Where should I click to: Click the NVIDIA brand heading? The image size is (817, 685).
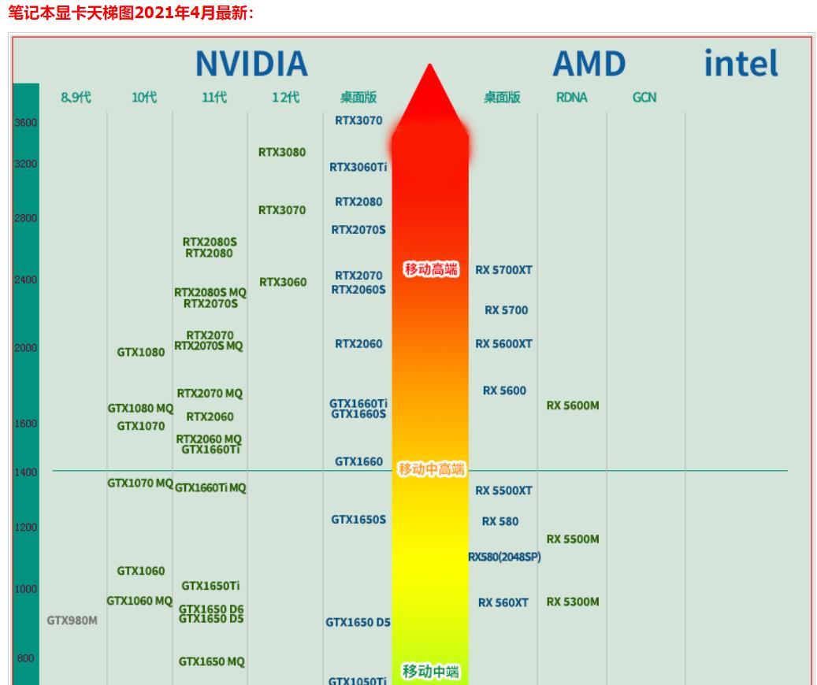(x=251, y=64)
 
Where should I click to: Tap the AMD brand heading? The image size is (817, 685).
(x=589, y=64)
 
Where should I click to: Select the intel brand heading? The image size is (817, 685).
(x=741, y=63)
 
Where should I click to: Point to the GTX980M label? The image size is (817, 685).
(x=72, y=620)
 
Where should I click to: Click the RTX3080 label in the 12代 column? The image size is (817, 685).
(x=282, y=152)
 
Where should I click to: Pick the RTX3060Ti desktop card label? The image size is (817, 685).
(x=358, y=167)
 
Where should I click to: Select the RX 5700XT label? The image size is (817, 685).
(x=503, y=270)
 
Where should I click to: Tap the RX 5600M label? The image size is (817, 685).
(x=573, y=405)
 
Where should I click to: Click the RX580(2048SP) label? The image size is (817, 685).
(x=504, y=557)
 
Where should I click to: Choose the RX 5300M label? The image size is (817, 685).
(x=573, y=602)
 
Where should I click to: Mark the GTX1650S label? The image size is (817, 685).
(x=358, y=519)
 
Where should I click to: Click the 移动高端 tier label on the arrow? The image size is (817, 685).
(x=430, y=269)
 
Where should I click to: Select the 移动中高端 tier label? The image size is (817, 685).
(x=431, y=469)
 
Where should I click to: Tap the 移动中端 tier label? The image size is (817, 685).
(x=431, y=672)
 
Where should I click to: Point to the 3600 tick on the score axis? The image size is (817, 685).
(x=25, y=122)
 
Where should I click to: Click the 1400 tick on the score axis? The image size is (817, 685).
(x=25, y=472)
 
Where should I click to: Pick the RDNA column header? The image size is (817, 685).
(x=571, y=98)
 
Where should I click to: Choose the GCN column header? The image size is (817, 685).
(x=644, y=98)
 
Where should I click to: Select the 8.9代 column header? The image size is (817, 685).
(x=76, y=98)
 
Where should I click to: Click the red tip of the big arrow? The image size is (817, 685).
(x=430, y=79)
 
